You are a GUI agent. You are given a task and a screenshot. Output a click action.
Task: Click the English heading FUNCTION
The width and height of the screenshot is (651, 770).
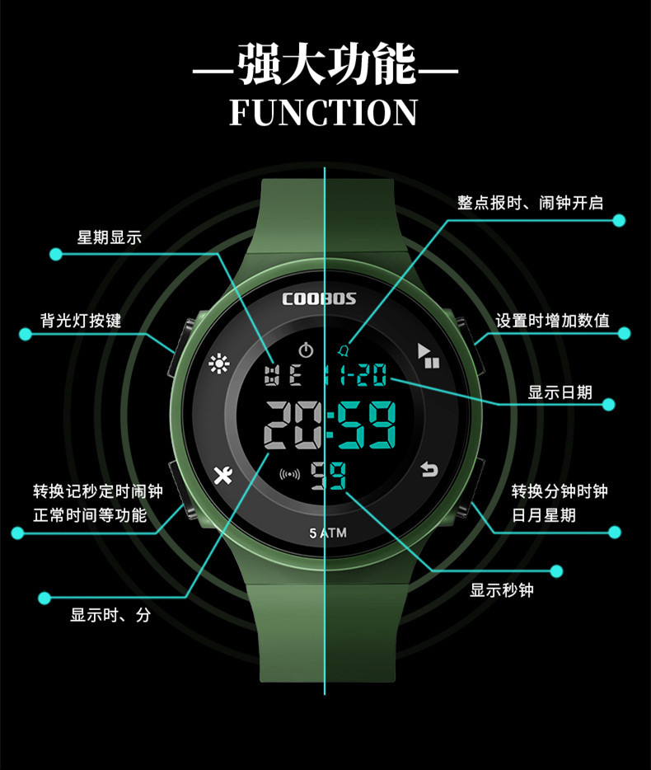click(324, 112)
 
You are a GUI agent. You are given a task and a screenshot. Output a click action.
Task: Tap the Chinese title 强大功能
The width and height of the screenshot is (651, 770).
click(325, 66)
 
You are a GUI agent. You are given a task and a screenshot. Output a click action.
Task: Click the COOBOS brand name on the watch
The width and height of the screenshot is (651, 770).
click(319, 298)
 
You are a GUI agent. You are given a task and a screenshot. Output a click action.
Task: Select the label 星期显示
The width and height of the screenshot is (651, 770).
click(110, 237)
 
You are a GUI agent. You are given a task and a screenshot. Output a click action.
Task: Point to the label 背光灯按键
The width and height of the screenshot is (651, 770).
click(81, 320)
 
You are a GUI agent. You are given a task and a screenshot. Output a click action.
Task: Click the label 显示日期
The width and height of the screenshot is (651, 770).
click(560, 392)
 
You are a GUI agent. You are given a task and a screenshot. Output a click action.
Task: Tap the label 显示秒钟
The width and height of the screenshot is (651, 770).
click(502, 590)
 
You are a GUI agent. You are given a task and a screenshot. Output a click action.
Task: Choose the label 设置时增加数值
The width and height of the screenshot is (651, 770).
click(552, 320)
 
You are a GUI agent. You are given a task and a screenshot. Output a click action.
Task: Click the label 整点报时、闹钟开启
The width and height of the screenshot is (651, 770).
click(530, 202)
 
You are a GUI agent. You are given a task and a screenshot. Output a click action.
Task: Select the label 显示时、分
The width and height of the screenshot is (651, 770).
click(110, 615)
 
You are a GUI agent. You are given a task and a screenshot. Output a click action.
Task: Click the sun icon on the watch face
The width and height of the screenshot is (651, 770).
click(218, 363)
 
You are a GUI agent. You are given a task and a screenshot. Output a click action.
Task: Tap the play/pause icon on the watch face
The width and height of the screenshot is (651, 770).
click(429, 355)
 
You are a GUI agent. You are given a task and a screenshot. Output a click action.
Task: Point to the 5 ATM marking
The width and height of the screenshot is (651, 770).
click(328, 533)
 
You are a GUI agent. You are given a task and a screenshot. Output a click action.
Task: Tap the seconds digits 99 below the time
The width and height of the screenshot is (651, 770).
click(328, 476)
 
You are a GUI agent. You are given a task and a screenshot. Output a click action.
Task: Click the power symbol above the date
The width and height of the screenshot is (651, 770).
click(306, 350)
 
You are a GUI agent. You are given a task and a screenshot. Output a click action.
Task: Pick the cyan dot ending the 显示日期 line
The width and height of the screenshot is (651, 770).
click(609, 404)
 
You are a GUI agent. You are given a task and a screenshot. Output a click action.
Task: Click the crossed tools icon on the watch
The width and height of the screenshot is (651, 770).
click(222, 475)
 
